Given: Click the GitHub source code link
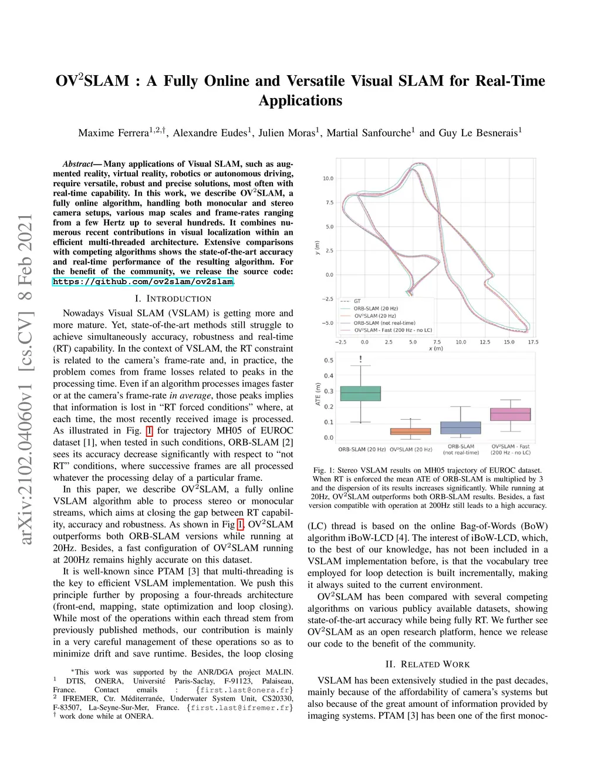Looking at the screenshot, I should (143, 282).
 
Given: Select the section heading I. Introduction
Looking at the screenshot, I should (173, 299).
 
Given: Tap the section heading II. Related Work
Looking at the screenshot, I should (427, 664).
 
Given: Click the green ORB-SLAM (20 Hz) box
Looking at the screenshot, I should (360, 393).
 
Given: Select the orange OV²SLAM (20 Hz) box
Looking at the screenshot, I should (410, 431).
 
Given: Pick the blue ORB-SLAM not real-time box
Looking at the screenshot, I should (460, 427).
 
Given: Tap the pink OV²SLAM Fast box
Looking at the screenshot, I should (510, 414).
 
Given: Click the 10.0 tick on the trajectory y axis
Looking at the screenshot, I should (327, 178).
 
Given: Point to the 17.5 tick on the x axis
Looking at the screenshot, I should (533, 341).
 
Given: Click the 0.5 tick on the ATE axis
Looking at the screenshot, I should (329, 361).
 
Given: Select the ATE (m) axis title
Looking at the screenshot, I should (318, 395).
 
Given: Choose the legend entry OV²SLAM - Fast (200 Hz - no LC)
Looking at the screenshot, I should (393, 330).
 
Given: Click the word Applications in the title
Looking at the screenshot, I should (300, 100).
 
